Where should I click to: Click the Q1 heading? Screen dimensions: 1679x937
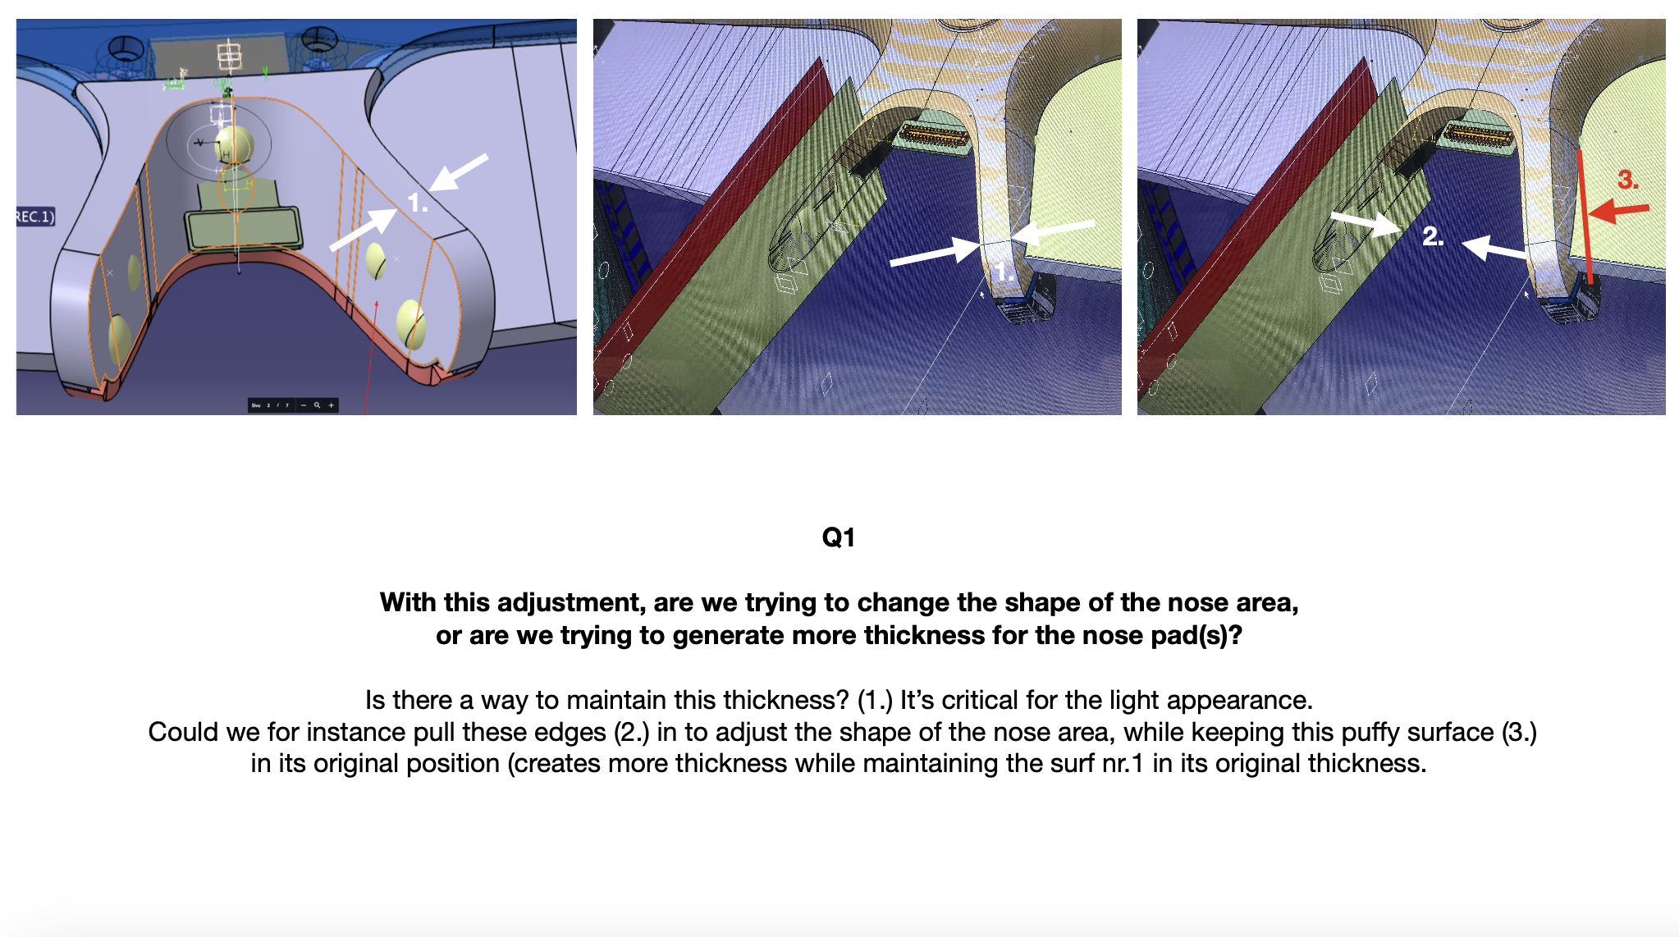[x=839, y=537]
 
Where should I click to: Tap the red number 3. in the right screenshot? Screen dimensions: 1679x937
[x=1628, y=180]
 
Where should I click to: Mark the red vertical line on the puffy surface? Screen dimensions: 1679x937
[x=1585, y=217]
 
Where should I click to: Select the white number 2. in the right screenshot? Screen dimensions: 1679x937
[x=1433, y=236]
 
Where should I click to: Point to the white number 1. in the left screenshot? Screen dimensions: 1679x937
[x=418, y=203]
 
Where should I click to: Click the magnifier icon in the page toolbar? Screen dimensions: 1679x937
[x=317, y=405]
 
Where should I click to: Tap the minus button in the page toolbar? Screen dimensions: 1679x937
[x=304, y=405]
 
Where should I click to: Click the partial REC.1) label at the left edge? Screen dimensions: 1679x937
[x=35, y=217]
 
